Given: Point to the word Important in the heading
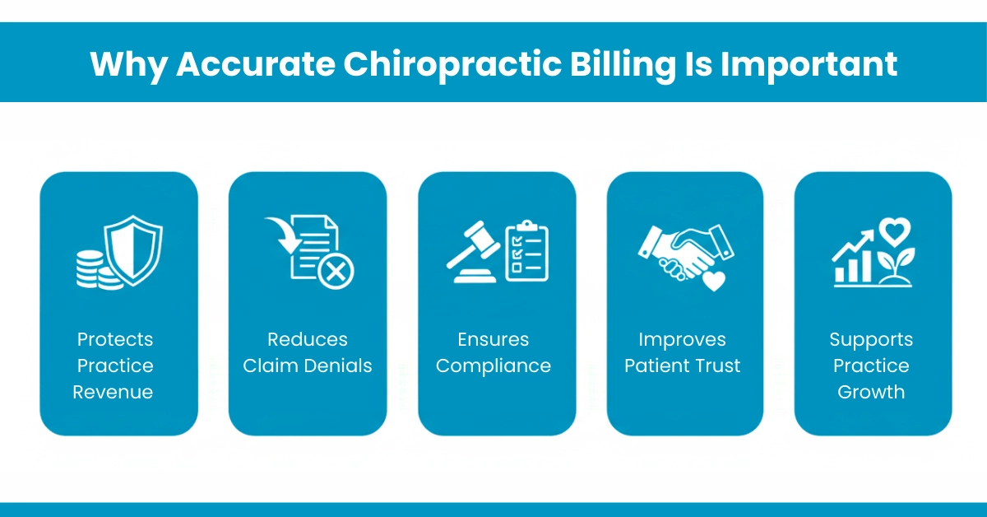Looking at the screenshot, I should tap(809, 64).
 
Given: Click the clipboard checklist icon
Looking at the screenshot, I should tap(526, 251).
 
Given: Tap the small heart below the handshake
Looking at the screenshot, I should tap(714, 281).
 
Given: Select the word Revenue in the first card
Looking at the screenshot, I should tap(113, 392).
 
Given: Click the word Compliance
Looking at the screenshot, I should tap(493, 366).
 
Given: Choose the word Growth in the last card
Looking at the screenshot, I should tap(871, 392).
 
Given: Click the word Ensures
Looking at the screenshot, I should tap(493, 339).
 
